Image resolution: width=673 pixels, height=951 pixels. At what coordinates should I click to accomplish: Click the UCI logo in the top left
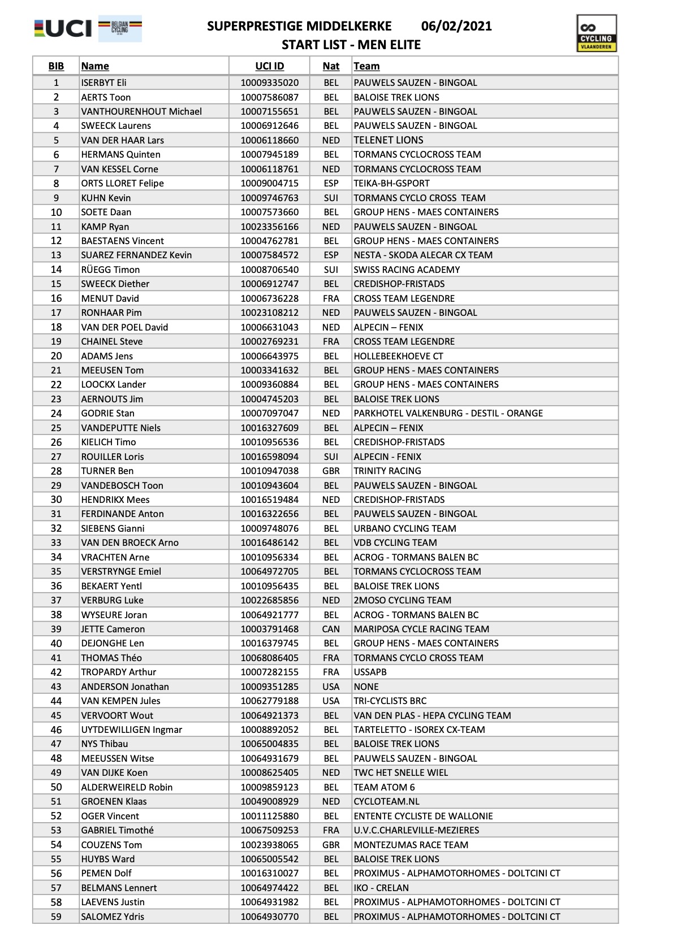pos(62,28)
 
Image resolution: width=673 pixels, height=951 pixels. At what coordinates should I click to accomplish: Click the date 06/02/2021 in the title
pos(456,26)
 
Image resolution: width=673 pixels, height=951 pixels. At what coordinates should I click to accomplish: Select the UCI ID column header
pos(269,66)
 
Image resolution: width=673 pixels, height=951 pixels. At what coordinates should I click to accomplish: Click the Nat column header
pos(331,66)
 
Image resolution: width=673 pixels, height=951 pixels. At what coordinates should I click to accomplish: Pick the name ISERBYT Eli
pos(103,82)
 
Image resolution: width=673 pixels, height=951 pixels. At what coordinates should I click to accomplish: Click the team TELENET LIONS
pos(388,140)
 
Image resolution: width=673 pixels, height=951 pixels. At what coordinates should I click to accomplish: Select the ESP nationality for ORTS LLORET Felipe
pos(331,183)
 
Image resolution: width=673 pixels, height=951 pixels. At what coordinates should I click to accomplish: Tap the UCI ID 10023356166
pos(269,227)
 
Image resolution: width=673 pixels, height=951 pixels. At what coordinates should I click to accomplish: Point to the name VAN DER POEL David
pos(124,327)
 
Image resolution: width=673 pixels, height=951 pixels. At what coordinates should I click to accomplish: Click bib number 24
pos(56,414)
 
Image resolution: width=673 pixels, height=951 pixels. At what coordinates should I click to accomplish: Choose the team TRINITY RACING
pos(387,471)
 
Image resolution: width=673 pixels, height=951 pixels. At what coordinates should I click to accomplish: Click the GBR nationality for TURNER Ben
pos(331,471)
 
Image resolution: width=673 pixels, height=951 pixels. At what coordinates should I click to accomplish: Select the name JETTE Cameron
pos(113,629)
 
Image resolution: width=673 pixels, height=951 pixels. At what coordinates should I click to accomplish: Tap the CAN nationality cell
pos(331,629)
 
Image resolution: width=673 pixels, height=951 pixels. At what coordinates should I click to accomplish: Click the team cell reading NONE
pos(366,687)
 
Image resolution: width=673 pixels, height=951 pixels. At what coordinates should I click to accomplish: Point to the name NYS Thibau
pos(104,744)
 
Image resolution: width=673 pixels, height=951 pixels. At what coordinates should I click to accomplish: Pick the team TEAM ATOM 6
pos(384,787)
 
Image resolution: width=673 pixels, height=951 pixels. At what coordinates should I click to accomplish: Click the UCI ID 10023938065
pos(269,845)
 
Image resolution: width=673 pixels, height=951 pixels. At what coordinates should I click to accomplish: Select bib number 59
pos(56,917)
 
